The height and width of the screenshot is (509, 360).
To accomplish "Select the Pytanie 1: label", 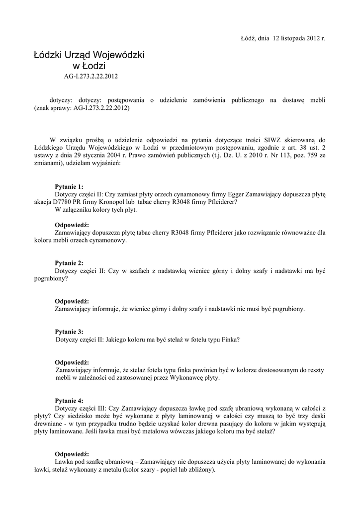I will click(x=69, y=186).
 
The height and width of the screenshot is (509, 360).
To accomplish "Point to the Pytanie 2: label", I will click(x=69, y=263).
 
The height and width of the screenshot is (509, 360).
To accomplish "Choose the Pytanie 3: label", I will click(x=69, y=332).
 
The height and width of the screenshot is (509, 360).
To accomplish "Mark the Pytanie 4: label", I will click(x=69, y=400).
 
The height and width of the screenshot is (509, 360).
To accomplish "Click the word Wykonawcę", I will click(x=173, y=378).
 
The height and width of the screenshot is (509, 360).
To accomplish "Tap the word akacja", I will click(x=43, y=202).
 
